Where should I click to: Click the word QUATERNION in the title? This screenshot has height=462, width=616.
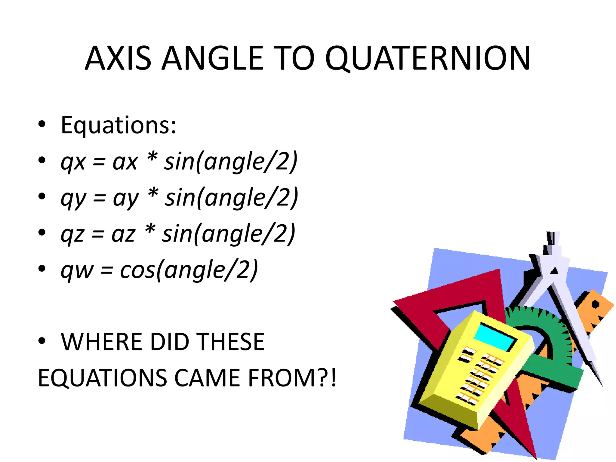tap(428, 58)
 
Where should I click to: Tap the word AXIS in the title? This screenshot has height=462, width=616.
tap(118, 58)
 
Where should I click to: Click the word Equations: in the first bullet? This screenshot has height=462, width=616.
tap(118, 125)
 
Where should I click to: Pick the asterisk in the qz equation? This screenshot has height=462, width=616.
tap(150, 231)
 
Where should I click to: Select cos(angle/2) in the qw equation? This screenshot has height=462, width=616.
tap(189, 270)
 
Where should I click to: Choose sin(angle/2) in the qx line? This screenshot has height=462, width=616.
tap(231, 162)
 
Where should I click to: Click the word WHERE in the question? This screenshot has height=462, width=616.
tap(101, 342)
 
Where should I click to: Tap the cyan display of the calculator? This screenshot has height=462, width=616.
tap(494, 337)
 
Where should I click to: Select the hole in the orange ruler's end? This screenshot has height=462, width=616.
tap(595, 304)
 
